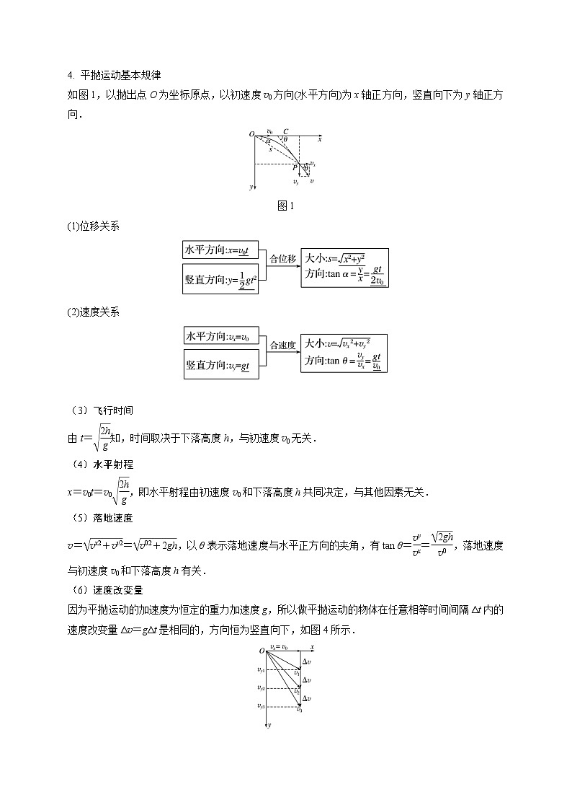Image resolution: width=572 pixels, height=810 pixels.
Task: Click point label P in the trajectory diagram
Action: coord(294,168)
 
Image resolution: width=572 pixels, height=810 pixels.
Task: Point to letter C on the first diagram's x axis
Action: coord(286,131)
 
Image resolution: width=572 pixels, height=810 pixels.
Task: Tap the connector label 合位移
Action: coord(282,257)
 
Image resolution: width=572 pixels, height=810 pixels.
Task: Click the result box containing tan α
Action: coord(346,268)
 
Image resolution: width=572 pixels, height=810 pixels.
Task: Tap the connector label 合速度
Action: coord(282,345)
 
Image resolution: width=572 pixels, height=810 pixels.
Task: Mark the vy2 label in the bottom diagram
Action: coord(260,687)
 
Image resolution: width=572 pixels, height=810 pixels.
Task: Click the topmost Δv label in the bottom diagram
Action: coord(307,661)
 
